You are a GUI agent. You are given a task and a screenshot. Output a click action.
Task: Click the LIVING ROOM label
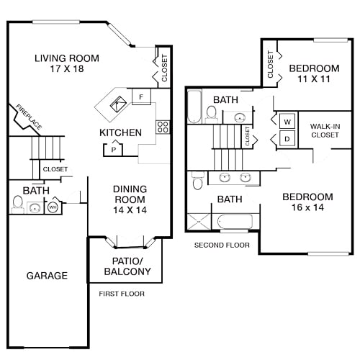pyautogui.click(x=67, y=58)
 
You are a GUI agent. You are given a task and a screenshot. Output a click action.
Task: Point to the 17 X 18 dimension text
pyautogui.click(x=67, y=71)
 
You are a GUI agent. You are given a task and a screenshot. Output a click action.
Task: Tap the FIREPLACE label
pyautogui.click(x=28, y=117)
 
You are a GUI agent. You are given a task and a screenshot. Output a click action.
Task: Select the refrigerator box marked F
pyautogui.click(x=141, y=96)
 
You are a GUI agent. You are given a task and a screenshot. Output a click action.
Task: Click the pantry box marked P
pyautogui.click(x=113, y=150)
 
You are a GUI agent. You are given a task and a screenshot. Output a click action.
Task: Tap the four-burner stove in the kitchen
pyautogui.click(x=163, y=127)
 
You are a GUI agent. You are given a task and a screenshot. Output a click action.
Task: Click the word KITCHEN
pyautogui.click(x=120, y=132)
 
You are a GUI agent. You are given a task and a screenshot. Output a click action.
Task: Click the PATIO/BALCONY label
pyautogui.click(x=127, y=266)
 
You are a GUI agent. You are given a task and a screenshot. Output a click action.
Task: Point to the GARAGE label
pyautogui.click(x=47, y=275)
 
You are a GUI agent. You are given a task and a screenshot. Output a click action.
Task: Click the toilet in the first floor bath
pyautogui.click(x=18, y=205)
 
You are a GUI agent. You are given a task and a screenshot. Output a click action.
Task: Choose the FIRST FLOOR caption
pyautogui.click(x=122, y=294)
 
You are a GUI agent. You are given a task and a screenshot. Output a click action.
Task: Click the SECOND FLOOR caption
pyautogui.click(x=222, y=246)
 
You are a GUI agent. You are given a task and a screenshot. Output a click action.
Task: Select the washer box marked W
pyautogui.click(x=286, y=121)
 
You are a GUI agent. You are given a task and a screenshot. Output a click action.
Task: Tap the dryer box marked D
pyautogui.click(x=286, y=138)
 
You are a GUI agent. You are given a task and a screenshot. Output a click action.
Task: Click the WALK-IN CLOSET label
pyautogui.click(x=325, y=130)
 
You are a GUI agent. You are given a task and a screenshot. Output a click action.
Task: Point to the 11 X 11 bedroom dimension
pyautogui.click(x=314, y=81)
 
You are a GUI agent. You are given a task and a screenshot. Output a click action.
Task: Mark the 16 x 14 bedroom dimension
pyautogui.click(x=307, y=209)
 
